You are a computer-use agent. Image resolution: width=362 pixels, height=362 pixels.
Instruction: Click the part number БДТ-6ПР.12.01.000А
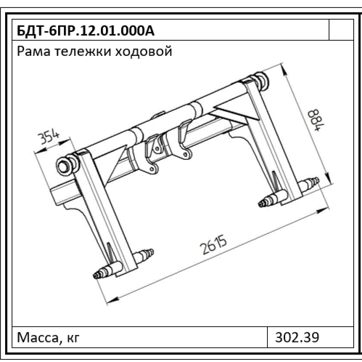[x=86, y=31]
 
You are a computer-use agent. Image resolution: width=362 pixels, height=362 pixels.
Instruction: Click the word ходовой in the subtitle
[x=144, y=51]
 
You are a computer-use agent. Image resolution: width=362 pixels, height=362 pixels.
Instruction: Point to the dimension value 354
[x=49, y=137]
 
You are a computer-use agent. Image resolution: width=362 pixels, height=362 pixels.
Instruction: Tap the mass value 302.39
[x=297, y=337]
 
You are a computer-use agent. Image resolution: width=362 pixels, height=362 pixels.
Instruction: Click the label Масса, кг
[x=49, y=337]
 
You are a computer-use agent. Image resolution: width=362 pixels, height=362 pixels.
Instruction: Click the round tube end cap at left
[x=65, y=166]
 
